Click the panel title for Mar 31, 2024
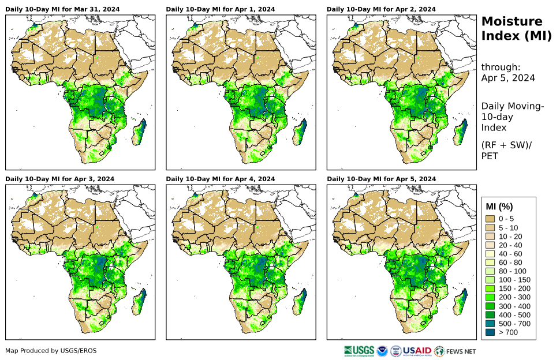point(60,9)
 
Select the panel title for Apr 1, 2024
point(221,9)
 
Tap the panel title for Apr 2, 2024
point(381,9)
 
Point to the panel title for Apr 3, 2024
point(60,179)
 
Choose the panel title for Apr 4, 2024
point(221,179)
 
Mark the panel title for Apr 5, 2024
point(381,179)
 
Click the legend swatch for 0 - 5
point(491,219)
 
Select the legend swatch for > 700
point(491,332)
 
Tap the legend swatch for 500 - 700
point(491,323)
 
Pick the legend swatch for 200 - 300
point(491,297)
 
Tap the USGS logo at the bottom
point(358,350)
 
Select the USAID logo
point(416,350)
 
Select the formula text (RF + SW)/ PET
point(507,151)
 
